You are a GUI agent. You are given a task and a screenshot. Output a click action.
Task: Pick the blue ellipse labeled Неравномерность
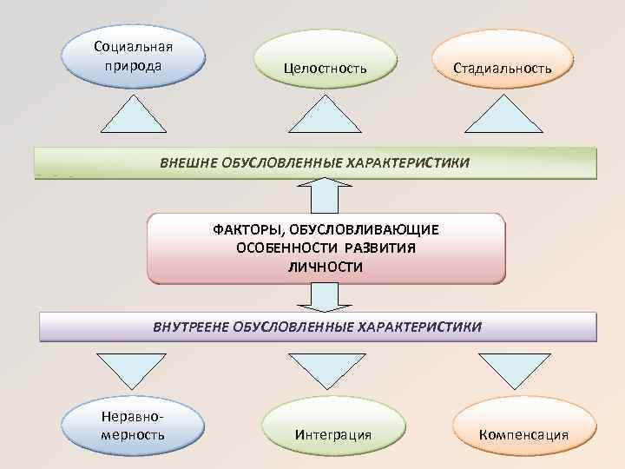click(133, 424)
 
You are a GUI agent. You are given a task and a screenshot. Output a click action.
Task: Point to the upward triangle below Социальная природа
click(135, 118)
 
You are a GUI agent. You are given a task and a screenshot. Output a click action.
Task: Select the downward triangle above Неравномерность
click(130, 367)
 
